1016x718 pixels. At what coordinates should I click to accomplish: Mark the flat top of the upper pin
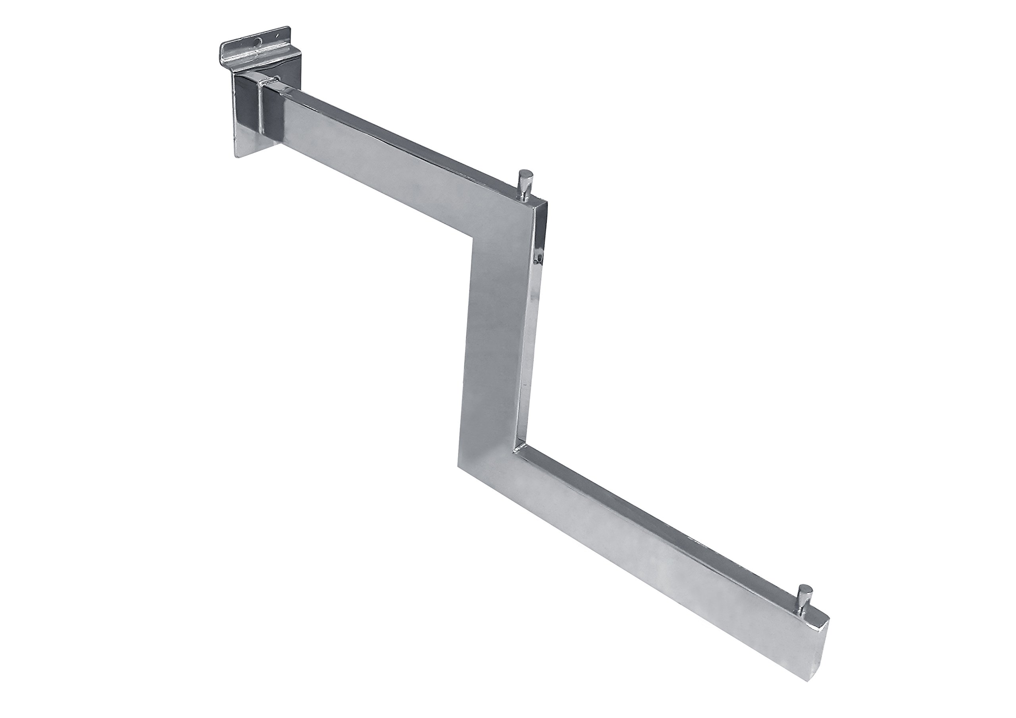tap(525, 172)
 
